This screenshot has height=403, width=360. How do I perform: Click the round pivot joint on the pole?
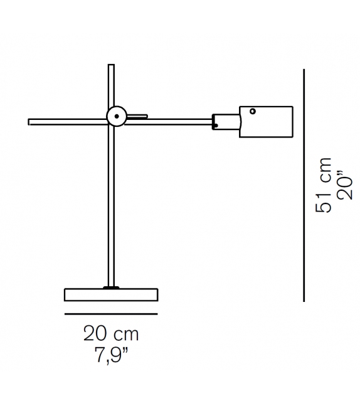point(116,116)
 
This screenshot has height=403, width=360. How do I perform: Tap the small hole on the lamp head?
point(252,112)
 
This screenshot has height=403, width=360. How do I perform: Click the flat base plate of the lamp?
point(111,294)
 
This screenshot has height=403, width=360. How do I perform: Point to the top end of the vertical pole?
point(112,65)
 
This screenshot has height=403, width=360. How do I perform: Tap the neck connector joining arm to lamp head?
point(225,121)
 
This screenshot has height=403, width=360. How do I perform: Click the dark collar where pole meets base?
point(112,287)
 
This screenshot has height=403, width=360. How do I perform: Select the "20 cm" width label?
point(111,332)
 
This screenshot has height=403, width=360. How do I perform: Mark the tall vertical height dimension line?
point(304,188)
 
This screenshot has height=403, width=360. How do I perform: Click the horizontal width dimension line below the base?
point(111,314)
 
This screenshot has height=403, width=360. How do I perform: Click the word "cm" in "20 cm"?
point(125,332)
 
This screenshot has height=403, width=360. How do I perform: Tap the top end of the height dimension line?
point(304,70)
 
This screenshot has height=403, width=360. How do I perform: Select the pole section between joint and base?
point(112,207)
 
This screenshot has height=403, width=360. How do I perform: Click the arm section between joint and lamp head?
point(169,121)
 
